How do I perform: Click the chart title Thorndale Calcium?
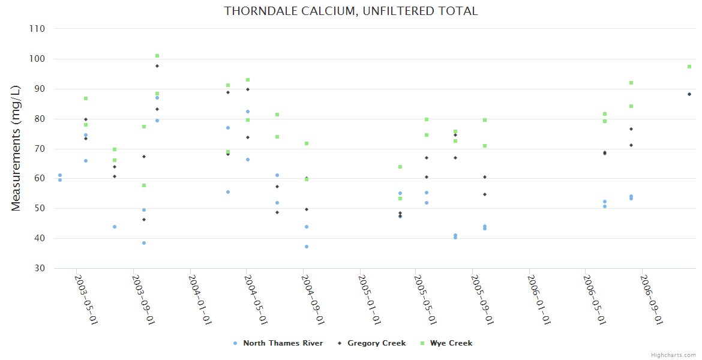click(351, 11)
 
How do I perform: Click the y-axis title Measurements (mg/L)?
click(16, 148)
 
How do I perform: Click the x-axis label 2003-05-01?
click(86, 299)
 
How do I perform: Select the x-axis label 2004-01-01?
click(199, 299)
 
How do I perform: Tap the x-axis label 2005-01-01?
click(369, 299)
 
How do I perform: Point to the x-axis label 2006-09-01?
click(651, 299)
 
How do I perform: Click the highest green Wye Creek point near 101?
click(157, 56)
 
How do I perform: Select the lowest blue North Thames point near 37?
click(307, 247)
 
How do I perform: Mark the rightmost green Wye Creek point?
click(689, 67)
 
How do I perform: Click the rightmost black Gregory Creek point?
click(689, 94)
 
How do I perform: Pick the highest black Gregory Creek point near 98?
click(157, 66)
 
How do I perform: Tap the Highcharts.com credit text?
click(673, 355)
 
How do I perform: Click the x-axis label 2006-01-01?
click(539, 299)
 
